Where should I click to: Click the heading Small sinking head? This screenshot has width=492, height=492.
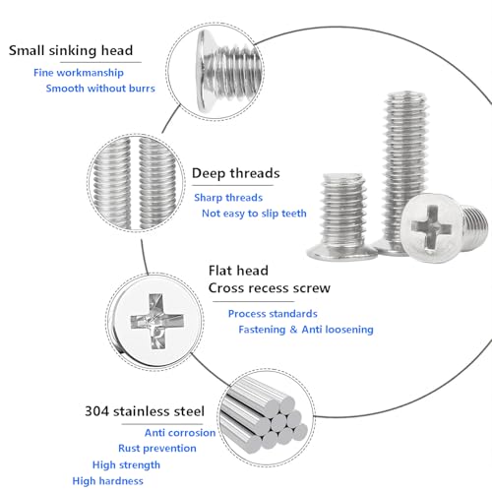[71, 51]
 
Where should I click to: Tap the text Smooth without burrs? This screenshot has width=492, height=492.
[99, 89]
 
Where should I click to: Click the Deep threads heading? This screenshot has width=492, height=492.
[235, 173]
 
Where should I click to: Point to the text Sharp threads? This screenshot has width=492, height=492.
[228, 197]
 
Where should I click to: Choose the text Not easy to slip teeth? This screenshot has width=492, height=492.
[254, 213]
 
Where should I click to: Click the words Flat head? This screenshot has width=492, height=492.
[237, 270]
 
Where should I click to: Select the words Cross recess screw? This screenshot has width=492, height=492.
[269, 288]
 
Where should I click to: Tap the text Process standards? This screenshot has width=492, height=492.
[275, 313]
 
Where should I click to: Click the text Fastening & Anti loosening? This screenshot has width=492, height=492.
[306, 330]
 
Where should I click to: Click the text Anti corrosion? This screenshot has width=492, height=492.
[180, 432]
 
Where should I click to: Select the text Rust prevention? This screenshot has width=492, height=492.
[157, 448]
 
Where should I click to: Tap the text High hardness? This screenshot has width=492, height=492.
[108, 480]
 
